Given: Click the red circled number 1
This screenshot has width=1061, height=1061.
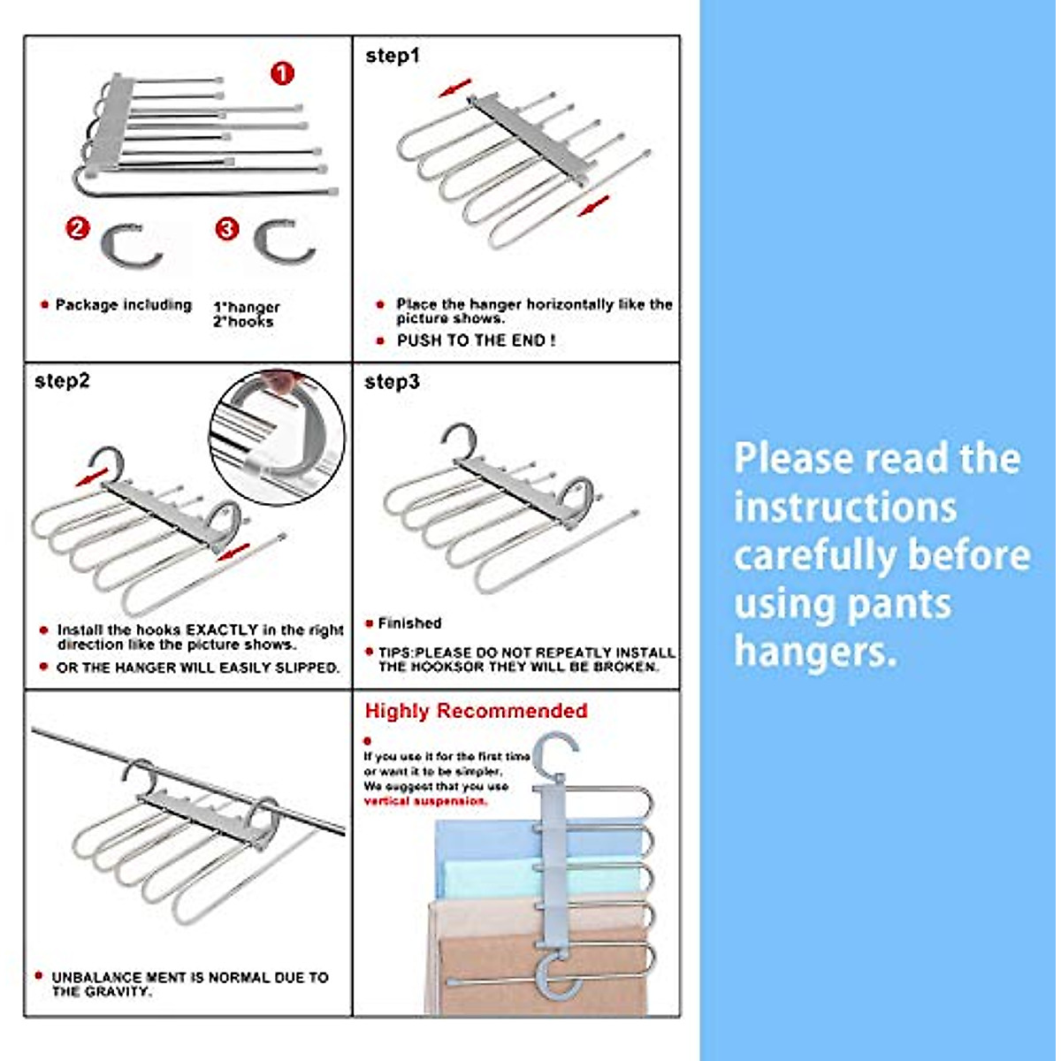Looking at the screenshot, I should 282,73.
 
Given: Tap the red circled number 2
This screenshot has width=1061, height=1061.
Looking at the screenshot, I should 78,228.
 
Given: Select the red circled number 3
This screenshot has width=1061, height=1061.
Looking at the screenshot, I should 227,229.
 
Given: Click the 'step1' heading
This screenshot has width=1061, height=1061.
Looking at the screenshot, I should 393,56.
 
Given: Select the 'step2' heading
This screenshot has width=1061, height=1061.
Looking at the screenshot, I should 62,381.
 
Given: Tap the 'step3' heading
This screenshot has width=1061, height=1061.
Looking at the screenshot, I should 392,382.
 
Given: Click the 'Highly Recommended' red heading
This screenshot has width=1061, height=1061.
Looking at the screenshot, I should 476,711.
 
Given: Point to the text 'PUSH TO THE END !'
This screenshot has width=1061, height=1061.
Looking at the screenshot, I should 476,340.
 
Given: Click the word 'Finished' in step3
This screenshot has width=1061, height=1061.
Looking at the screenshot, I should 409,623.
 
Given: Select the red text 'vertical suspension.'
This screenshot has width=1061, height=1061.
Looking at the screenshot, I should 425,801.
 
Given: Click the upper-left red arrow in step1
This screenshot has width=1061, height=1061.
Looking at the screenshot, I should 455,88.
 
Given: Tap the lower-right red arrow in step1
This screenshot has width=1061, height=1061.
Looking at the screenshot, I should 593,207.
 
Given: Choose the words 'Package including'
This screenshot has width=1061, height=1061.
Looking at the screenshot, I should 123,305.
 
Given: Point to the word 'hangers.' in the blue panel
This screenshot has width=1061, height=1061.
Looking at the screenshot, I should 815,653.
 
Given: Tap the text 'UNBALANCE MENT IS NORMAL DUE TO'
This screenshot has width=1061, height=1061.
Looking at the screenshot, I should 190,977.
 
